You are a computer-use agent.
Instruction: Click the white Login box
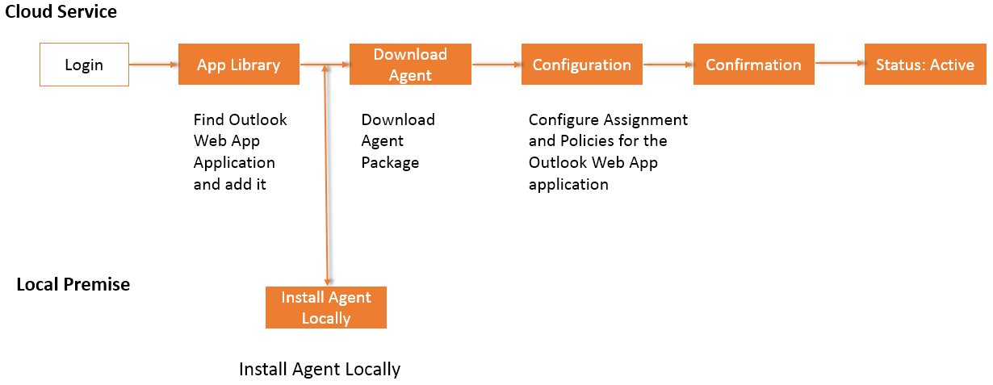[84, 65]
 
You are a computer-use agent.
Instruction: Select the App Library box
[238, 65]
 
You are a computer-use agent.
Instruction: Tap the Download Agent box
[410, 65]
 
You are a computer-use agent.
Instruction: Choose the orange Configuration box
[581, 65]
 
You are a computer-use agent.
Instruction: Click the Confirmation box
[753, 65]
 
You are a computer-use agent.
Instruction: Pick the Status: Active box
[924, 65]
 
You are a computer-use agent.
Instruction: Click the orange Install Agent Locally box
[325, 308]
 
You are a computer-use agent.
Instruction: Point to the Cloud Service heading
[61, 12]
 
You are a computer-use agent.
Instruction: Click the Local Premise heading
[73, 284]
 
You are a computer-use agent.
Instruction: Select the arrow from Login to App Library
[153, 65]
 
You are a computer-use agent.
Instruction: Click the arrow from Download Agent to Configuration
[497, 65]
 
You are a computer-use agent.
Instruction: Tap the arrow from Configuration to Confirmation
[668, 65]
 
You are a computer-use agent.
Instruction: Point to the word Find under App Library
[209, 119]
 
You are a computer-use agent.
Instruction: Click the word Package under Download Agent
[390, 162]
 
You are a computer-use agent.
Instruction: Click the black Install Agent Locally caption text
[320, 370]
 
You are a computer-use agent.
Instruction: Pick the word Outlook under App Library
[258, 119]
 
